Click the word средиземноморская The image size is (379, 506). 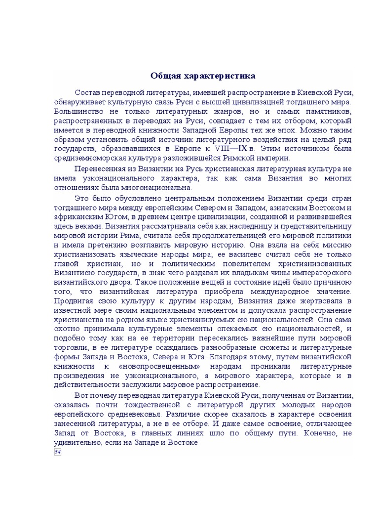point(90,158)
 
